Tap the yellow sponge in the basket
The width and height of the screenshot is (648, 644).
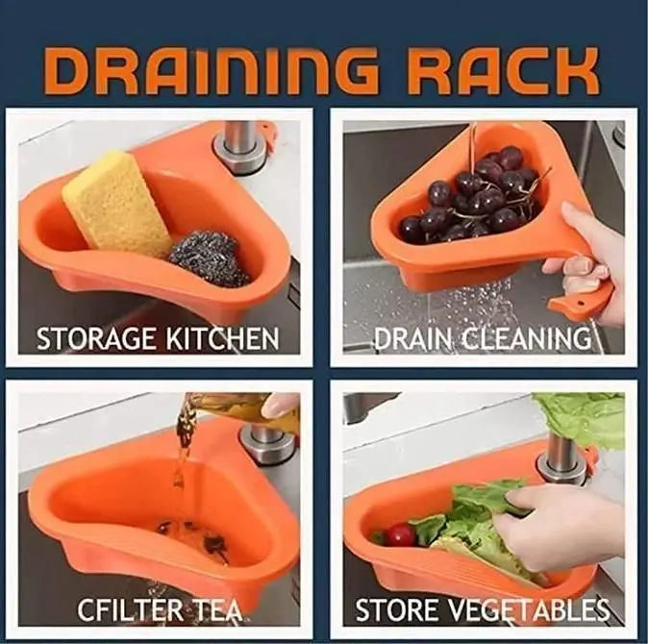point(116,204)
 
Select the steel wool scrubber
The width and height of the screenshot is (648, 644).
point(209,258)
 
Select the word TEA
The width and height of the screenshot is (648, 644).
point(215,609)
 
